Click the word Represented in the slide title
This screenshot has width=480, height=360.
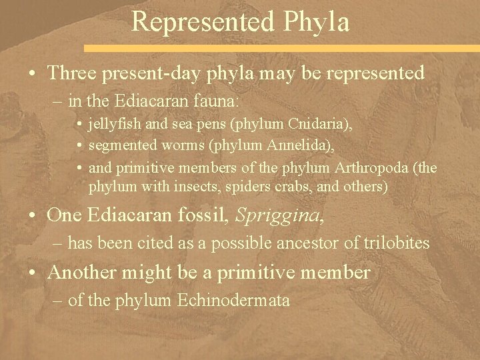pyautogui.click(x=202, y=21)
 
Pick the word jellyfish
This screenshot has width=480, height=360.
pyautogui.click(x=117, y=125)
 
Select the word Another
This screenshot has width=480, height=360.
pyautogui.click(x=89, y=272)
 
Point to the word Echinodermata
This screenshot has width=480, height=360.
pyautogui.click(x=233, y=301)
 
